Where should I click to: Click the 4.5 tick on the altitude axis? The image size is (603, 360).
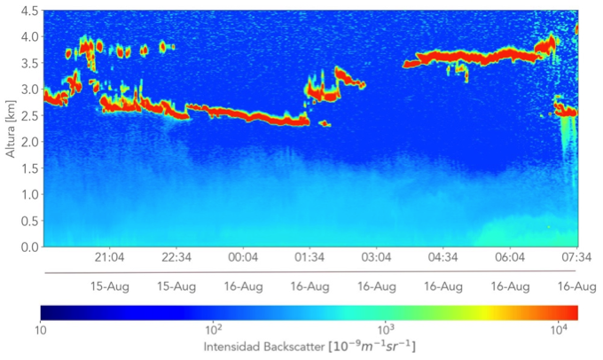pos(28,11)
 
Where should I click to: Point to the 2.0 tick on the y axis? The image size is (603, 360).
pos(28,142)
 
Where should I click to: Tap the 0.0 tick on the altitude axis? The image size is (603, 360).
pos(28,247)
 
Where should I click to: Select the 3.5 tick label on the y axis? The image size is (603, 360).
pos(28,63)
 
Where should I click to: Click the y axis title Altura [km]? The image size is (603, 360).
pos(11,129)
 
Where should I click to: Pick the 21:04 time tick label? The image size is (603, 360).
pos(109,258)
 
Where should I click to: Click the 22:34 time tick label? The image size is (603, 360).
pos(176,258)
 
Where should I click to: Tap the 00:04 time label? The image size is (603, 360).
pos(243,258)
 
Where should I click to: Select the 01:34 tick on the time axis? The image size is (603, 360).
pos(309,258)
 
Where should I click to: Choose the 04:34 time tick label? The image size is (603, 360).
pos(442,258)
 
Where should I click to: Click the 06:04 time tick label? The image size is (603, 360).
pos(509,258)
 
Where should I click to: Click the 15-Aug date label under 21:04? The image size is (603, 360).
pos(109,286)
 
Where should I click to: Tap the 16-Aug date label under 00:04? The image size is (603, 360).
pos(243,286)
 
